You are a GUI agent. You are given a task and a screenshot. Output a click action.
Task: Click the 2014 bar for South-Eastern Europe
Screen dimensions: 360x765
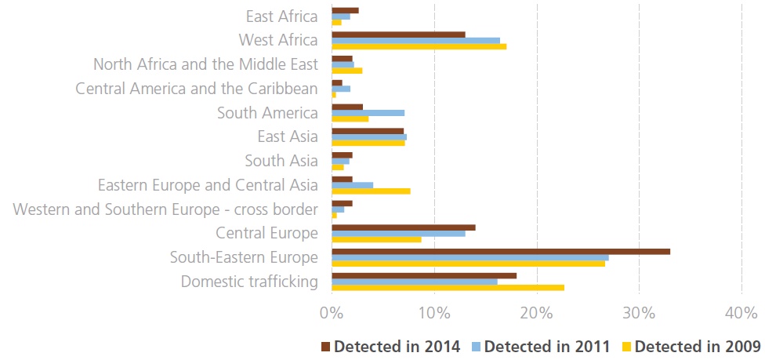tap(501, 251)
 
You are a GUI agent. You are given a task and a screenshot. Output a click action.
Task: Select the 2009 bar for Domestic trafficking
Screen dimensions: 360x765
tap(448, 287)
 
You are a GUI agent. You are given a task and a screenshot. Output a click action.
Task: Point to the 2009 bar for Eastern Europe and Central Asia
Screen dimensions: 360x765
tap(371, 191)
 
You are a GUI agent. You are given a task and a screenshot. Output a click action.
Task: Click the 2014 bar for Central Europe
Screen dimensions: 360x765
tap(403, 227)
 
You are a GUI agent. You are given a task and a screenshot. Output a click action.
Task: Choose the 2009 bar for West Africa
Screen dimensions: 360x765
tap(419, 46)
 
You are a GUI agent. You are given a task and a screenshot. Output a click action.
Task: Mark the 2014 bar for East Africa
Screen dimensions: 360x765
tap(345, 10)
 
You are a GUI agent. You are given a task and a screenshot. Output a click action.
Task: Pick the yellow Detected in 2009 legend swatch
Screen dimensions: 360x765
tap(626, 345)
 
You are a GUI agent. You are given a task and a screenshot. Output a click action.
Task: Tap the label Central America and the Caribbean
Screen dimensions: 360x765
tap(197, 89)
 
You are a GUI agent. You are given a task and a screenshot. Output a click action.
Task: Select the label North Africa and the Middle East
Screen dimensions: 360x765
tap(205, 64)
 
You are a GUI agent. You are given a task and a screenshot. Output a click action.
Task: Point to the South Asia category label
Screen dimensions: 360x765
tap(281, 161)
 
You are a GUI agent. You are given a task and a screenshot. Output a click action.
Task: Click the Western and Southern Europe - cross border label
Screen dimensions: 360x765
tap(165, 209)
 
